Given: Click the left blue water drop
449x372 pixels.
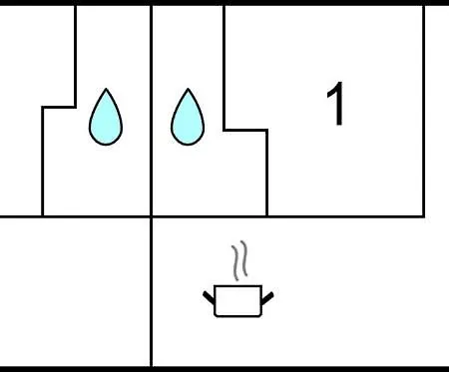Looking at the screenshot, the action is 106,120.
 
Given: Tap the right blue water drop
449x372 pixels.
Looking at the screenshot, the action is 188,120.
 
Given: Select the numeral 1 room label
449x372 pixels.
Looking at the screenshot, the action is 336,104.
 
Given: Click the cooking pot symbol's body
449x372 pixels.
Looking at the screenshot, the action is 237,301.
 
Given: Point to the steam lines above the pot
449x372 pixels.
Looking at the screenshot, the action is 239,260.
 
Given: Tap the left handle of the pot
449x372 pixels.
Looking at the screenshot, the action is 210,297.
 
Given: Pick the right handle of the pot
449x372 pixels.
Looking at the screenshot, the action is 267,298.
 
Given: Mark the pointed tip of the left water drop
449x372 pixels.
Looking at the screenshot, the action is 106,89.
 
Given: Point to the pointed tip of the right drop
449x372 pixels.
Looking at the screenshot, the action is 188,89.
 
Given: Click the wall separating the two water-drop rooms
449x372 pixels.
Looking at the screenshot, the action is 152,111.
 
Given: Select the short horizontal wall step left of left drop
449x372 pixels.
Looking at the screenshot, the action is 59,107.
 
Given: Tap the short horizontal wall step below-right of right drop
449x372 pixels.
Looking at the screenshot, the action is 245,130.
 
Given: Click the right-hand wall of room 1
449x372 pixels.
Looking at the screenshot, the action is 424,111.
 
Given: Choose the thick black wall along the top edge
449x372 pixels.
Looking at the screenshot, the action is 224,3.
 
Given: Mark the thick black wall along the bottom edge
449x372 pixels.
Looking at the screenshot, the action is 224,369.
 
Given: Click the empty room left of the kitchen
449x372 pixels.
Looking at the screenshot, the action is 75,292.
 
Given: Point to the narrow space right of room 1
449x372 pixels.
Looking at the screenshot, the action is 437,111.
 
